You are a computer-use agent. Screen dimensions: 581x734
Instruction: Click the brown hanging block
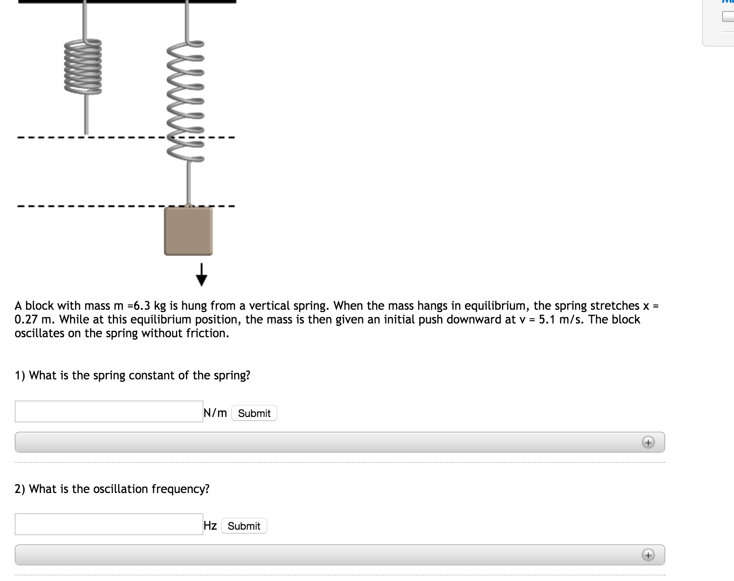[188, 231]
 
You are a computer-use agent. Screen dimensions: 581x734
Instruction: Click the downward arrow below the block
[201, 274]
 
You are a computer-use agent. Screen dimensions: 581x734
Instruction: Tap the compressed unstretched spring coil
[83, 66]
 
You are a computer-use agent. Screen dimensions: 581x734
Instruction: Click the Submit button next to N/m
[254, 413]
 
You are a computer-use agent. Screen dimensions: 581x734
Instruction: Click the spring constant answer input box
[109, 411]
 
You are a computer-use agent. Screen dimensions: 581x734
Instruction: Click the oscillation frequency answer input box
[109, 524]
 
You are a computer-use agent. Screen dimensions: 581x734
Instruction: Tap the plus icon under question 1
[647, 443]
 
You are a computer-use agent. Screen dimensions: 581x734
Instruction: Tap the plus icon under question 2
[647, 555]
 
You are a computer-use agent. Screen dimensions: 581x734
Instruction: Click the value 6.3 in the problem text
[142, 306]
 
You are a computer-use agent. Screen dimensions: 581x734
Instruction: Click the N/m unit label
[215, 413]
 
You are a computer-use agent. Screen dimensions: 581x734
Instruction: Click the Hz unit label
[210, 526]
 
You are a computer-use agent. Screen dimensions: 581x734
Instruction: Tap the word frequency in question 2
[180, 489]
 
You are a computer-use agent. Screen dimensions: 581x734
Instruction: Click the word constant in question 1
[152, 375]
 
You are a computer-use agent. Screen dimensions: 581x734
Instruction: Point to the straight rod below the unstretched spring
[86, 115]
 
